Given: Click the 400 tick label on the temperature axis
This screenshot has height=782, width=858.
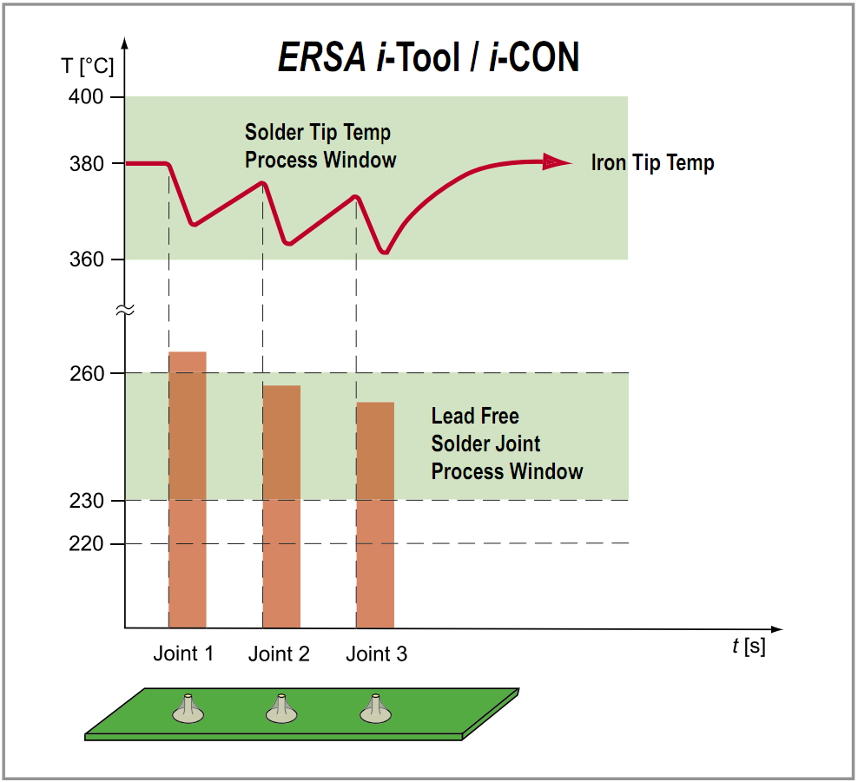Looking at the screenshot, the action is (x=86, y=97).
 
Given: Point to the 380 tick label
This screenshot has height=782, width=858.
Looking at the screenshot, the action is (x=87, y=163).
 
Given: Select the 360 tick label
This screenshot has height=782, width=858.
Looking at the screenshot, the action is (x=87, y=260).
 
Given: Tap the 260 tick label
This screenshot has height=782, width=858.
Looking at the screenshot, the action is (x=87, y=373).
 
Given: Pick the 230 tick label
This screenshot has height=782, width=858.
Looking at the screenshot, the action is (x=87, y=501).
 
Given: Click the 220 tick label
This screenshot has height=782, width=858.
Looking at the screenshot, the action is (x=87, y=543).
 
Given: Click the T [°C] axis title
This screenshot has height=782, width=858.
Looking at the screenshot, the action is (x=88, y=66).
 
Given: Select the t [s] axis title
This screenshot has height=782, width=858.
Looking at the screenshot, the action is (x=749, y=647).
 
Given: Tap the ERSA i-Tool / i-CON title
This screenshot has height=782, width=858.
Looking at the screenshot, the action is (x=428, y=57).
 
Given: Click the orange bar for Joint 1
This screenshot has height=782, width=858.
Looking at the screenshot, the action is (x=188, y=490).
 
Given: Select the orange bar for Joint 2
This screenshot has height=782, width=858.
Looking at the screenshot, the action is (x=282, y=506).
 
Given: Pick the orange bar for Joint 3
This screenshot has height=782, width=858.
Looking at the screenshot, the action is (x=375, y=516).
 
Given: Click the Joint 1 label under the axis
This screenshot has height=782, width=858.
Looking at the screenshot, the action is (x=183, y=654).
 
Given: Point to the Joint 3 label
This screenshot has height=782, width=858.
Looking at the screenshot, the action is (x=377, y=654).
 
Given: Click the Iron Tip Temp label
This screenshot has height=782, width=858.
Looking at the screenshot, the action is (x=653, y=163).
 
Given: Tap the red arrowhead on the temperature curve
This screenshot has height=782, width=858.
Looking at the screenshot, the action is (x=557, y=162).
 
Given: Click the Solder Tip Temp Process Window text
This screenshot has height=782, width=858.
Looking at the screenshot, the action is (x=320, y=146).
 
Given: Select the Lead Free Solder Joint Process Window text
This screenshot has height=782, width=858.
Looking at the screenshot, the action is (x=507, y=444).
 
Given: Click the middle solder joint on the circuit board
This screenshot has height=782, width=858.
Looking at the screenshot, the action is (x=281, y=709).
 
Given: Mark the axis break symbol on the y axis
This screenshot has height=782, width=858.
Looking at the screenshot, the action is (x=125, y=311).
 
